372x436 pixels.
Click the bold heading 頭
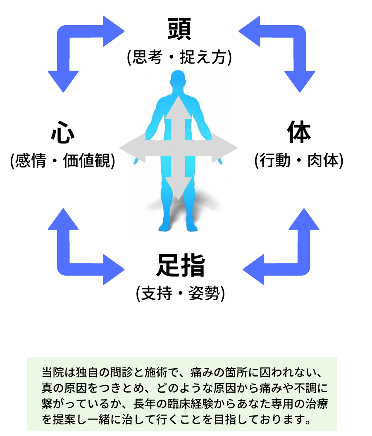[179, 29]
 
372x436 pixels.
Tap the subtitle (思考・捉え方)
[179, 57]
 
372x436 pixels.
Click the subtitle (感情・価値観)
[62, 161]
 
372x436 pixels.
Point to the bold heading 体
[299, 133]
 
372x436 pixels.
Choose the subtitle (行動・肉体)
[299, 161]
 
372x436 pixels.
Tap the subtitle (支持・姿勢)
[180, 294]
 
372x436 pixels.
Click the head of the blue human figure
[178, 80]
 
